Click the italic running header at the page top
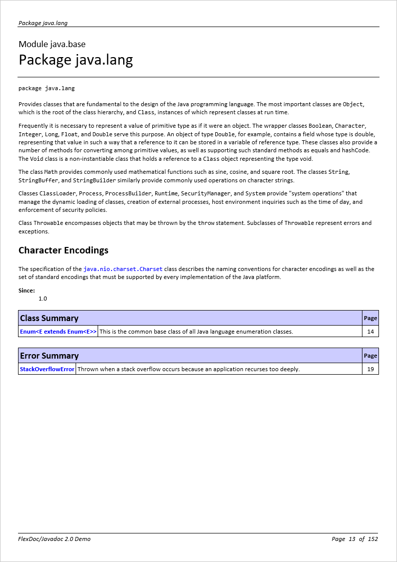click(43, 23)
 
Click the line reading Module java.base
click(52, 44)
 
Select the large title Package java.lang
click(76, 60)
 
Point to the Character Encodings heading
click(63, 250)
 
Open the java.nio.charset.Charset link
click(123, 269)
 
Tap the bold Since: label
click(27, 291)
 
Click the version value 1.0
click(43, 299)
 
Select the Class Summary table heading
click(49, 318)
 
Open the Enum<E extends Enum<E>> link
click(58, 332)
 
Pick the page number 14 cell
click(370, 332)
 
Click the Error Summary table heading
click(49, 356)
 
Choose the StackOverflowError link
click(47, 369)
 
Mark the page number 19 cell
click(370, 369)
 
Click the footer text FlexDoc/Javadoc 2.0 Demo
click(55, 539)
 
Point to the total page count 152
click(372, 539)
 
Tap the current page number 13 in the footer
click(352, 539)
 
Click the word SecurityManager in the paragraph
click(206, 193)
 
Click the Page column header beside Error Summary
click(370, 356)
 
